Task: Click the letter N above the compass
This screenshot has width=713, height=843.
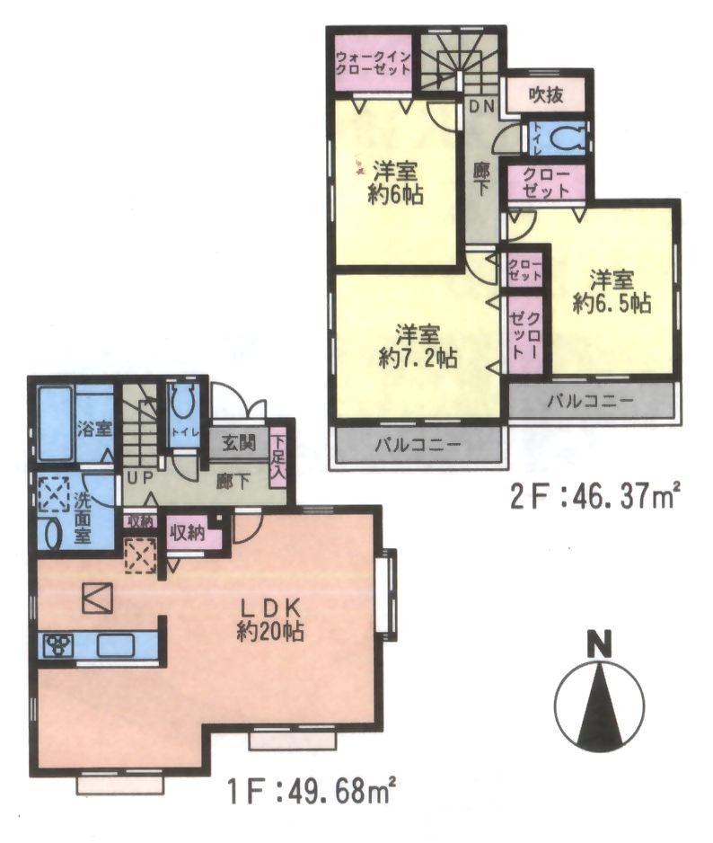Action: pos(599,645)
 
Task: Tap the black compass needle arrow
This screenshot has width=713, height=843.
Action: pos(599,710)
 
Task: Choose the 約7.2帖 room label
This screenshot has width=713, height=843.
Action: pos(418,345)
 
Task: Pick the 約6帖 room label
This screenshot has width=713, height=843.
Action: pos(395,182)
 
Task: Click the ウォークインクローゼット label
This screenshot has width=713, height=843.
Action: pos(373,64)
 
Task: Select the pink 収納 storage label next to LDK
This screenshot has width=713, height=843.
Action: pos(191,531)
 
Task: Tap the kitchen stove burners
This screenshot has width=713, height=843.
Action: pos(60,644)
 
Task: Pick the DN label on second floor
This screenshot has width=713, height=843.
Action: pos(482,106)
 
